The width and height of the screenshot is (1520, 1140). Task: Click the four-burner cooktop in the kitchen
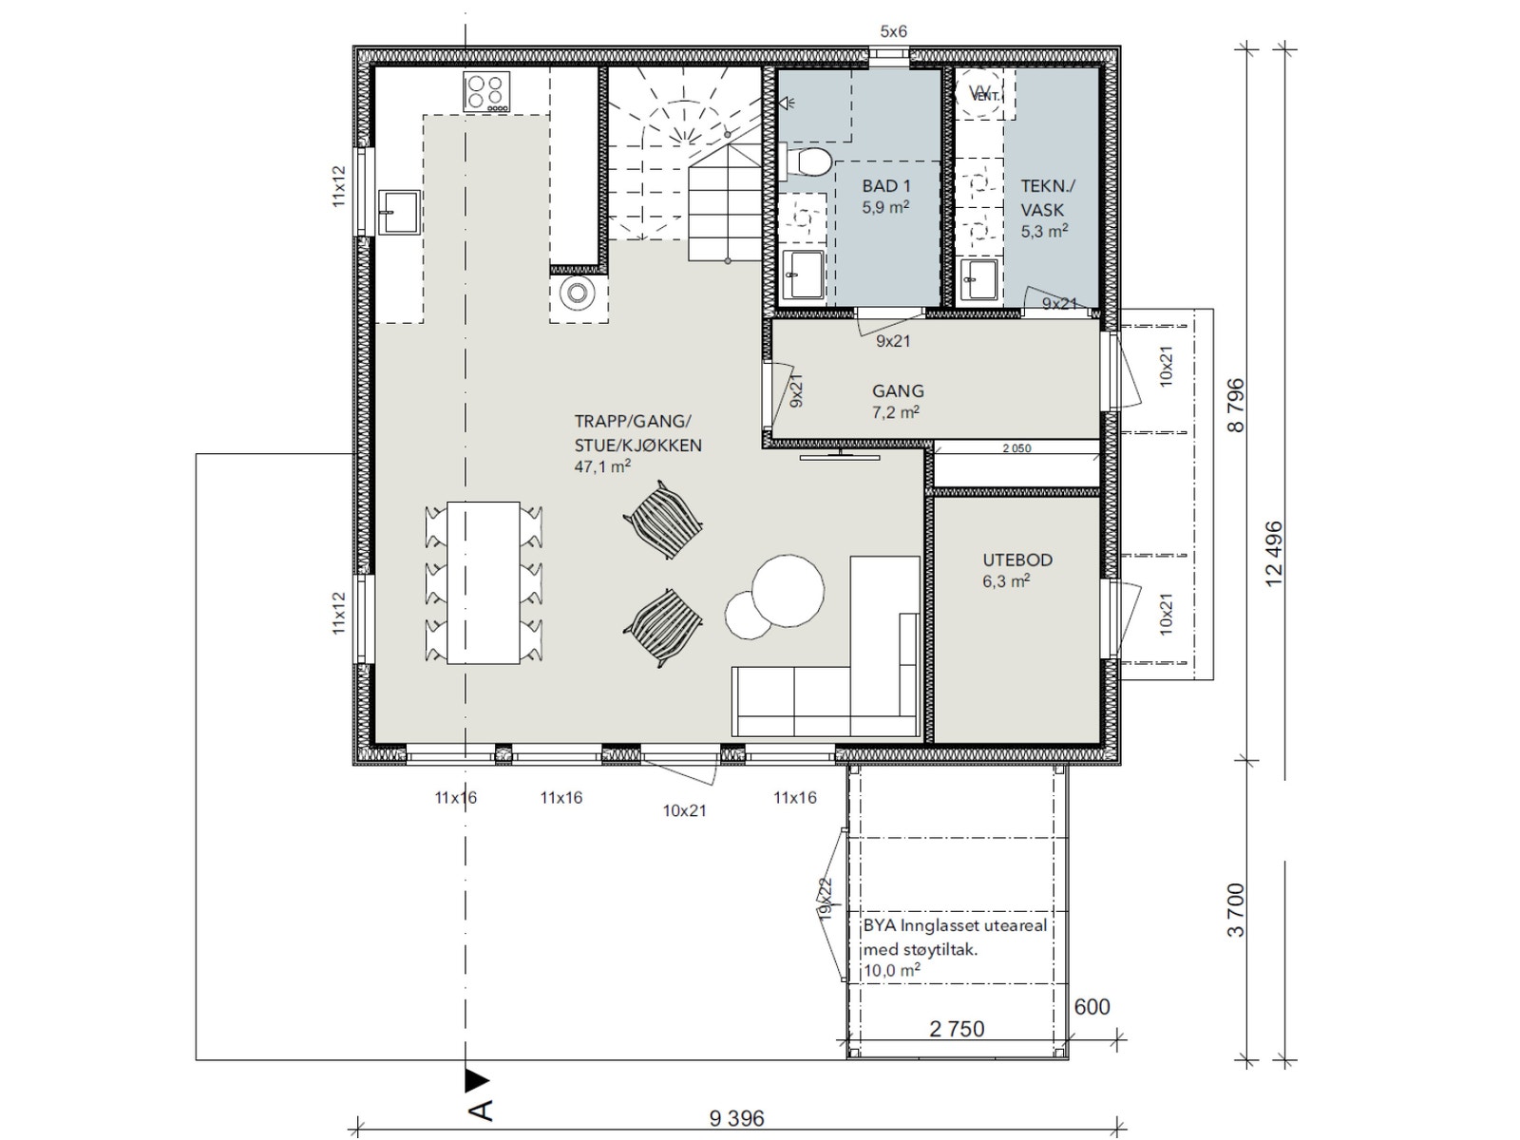tap(486, 91)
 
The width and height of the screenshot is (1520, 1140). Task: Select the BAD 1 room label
tap(885, 185)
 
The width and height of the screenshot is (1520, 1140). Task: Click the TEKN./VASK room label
tap(1046, 198)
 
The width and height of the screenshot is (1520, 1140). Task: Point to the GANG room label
tap(898, 390)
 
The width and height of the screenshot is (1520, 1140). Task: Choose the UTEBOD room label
tap(1017, 560)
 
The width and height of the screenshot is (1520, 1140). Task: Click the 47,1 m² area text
tap(601, 465)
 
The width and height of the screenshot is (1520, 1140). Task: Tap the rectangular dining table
tap(484, 582)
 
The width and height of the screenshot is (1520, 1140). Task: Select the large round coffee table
tap(788, 590)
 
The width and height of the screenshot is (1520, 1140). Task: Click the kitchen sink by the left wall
tap(400, 213)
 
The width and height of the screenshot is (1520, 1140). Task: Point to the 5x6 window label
tap(893, 31)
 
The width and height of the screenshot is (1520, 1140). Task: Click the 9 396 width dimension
tap(737, 1117)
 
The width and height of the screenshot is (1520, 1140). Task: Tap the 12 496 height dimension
tap(1274, 553)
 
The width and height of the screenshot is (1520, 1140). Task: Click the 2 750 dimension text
tap(957, 1029)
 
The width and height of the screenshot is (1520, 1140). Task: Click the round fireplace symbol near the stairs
tap(577, 292)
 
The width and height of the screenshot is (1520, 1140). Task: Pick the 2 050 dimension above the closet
tap(1016, 448)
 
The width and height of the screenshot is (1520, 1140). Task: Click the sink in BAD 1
tap(804, 275)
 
